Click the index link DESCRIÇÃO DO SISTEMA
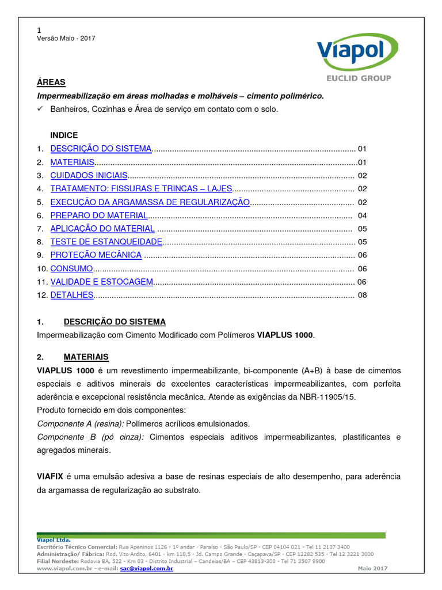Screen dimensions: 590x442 tap(101, 149)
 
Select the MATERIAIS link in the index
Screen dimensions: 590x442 tap(72, 162)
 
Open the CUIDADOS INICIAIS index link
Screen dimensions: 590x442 tap(89, 175)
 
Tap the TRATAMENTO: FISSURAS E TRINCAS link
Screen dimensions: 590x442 tap(141, 188)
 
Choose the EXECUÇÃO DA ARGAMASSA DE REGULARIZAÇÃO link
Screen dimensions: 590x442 tap(150, 202)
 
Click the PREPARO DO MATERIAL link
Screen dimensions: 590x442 tap(99, 215)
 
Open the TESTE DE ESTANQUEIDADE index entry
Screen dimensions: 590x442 tap(106, 242)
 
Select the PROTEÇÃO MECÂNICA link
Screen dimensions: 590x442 tap(96, 255)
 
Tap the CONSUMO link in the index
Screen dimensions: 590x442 tap(71, 268)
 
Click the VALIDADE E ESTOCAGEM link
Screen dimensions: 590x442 tap(102, 282)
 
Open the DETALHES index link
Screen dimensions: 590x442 tap(72, 295)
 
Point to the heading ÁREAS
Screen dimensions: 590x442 tap(51, 82)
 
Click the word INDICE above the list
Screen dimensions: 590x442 tap(64, 135)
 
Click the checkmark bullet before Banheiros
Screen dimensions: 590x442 tap(40, 109)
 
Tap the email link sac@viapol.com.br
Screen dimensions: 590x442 tap(146, 568)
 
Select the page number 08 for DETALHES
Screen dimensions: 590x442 tap(362, 295)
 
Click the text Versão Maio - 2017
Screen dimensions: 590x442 tap(66, 39)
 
